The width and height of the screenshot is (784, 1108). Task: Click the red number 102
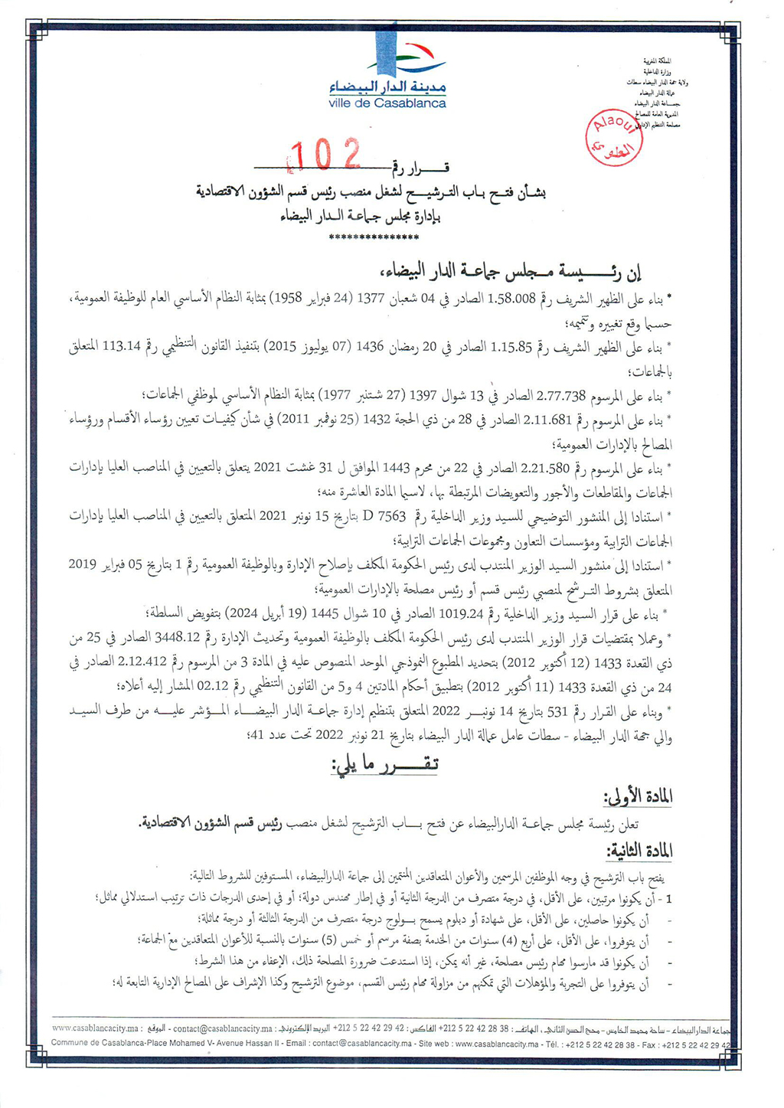328,155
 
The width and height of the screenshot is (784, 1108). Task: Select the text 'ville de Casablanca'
387,103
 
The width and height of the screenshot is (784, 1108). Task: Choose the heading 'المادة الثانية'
640,851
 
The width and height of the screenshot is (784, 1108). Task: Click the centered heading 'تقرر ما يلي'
384,765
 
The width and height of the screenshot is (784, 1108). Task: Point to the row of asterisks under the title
373,237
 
